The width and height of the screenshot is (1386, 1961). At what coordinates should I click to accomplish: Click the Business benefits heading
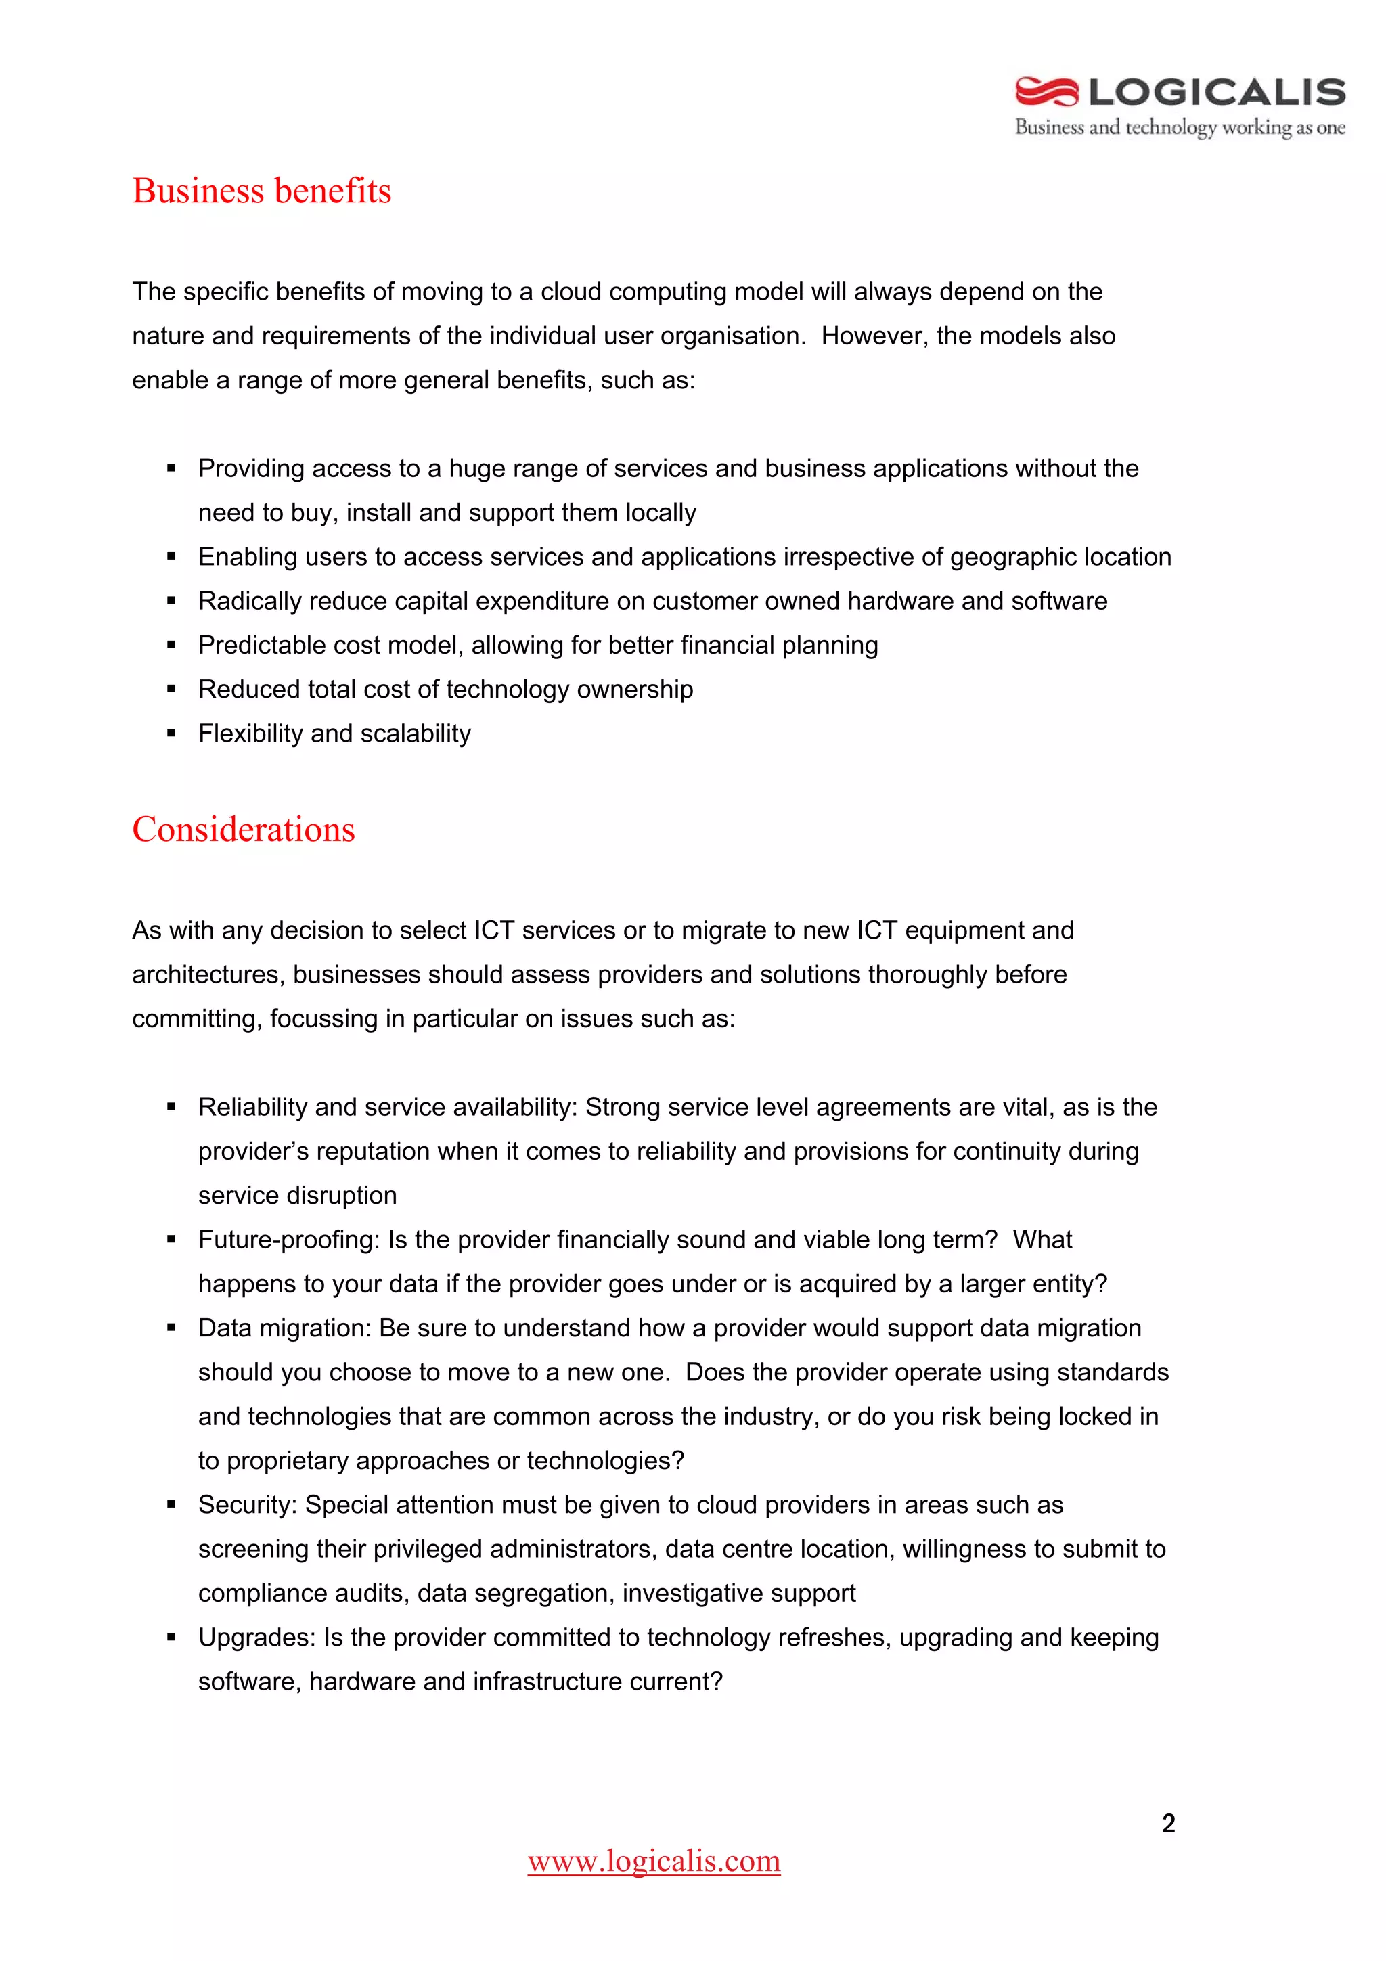click(x=261, y=190)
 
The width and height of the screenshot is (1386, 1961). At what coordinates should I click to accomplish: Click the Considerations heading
click(x=244, y=830)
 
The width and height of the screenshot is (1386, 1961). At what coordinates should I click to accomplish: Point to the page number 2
click(x=1168, y=1823)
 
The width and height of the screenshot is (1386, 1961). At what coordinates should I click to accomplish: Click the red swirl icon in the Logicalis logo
click(x=1046, y=91)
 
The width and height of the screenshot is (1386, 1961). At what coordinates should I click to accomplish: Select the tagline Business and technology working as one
click(x=1180, y=127)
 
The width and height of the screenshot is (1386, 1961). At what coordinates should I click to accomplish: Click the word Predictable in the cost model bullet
click(x=261, y=646)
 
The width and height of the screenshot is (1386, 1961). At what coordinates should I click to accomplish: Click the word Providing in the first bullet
click(x=251, y=469)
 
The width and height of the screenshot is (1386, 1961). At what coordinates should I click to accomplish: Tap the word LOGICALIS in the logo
click(x=1217, y=91)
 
